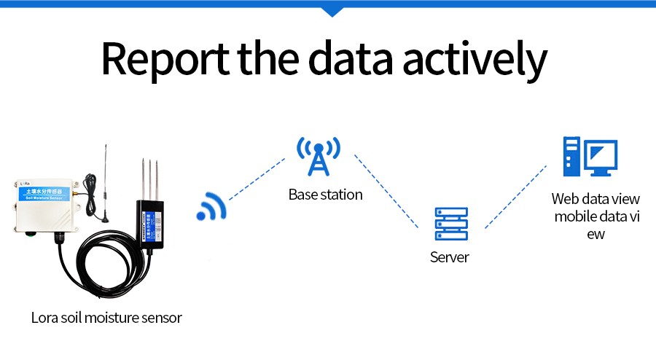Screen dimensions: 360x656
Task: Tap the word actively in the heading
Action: [x=477, y=60]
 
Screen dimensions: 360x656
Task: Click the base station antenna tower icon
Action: [x=318, y=155]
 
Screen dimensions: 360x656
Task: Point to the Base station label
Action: [x=325, y=195]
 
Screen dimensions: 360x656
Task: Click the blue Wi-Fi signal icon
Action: [x=211, y=207]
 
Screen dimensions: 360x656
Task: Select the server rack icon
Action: [x=450, y=223]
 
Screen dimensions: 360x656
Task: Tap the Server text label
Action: [x=450, y=257]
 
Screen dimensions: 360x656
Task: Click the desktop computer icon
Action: [x=590, y=157]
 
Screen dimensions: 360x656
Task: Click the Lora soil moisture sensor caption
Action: [x=106, y=318]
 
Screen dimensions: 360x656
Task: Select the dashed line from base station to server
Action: [x=386, y=191]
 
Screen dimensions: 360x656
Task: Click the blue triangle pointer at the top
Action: [x=332, y=11]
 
